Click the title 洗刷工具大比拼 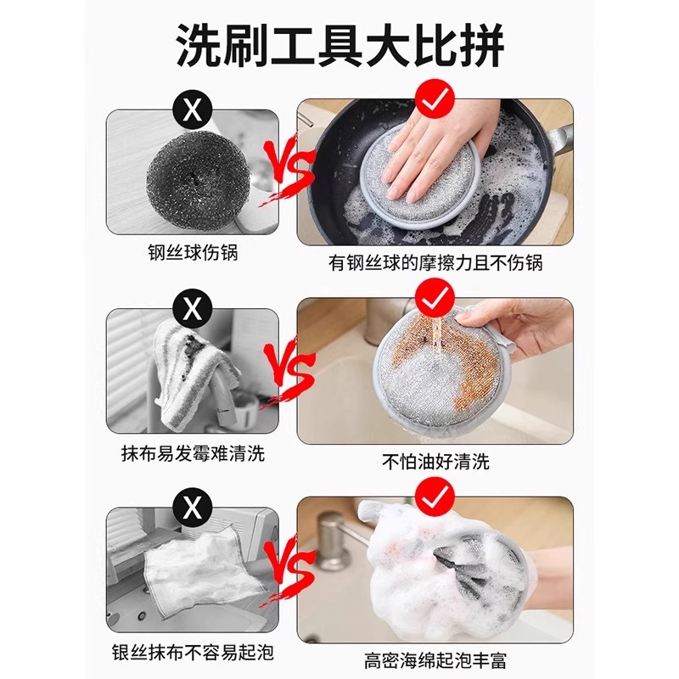[x=340, y=45]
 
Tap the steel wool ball [x=198, y=175]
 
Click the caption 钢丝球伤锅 [x=193, y=252]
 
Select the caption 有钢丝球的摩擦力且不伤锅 [x=435, y=262]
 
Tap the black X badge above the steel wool [x=193, y=110]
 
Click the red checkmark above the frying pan [x=435, y=98]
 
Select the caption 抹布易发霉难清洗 [x=193, y=453]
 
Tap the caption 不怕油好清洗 [x=435, y=462]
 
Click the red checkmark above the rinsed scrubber [x=435, y=299]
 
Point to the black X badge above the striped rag [x=193, y=309]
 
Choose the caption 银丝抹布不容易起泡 [x=193, y=652]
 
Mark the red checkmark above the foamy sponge [x=435, y=498]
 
